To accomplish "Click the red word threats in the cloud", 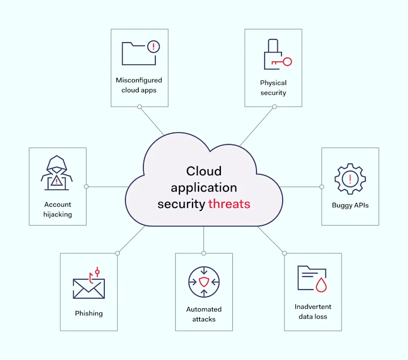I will (229, 204).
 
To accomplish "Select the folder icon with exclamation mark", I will (139, 53).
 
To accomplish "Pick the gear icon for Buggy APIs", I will (350, 178).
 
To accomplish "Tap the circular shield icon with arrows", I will (204, 282).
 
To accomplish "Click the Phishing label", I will (89, 313).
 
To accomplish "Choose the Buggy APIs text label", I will (350, 205).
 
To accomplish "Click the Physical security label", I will (273, 88).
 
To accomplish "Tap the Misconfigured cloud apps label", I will (139, 85).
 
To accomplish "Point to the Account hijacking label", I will (58, 209).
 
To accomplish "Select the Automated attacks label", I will (204, 314).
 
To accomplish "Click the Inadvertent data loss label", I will (313, 312).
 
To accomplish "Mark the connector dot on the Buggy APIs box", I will (322, 187).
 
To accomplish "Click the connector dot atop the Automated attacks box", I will (204, 253).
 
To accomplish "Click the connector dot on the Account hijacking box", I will (86, 187).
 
